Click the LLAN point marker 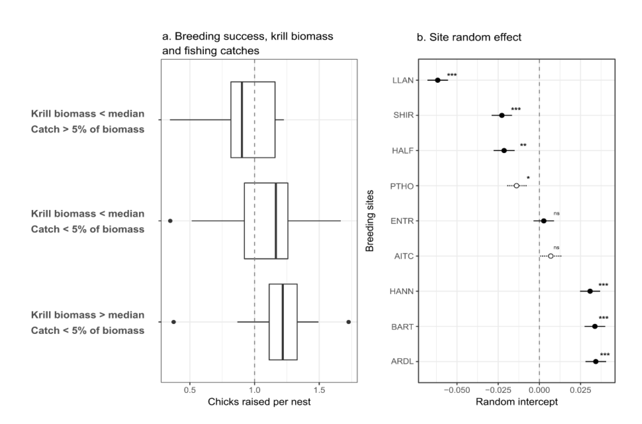438,80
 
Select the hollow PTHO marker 516,186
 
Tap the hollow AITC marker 551,256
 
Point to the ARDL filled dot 595,362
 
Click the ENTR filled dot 544,221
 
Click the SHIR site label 403,115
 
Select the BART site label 402,327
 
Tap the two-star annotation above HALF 523,146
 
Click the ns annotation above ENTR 556,213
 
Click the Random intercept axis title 517,402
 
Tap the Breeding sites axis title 370,221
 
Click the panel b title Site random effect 469,37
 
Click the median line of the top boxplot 242,120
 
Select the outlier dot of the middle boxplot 170,221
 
